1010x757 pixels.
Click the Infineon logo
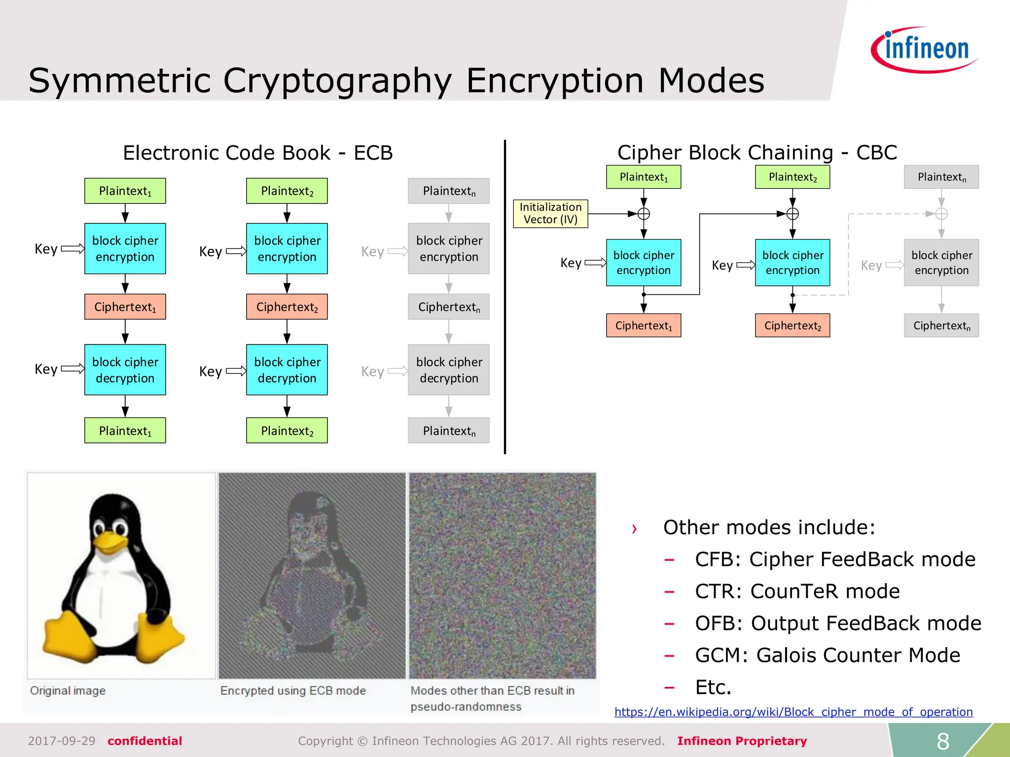click(x=925, y=49)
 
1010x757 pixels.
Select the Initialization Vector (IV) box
click(x=550, y=213)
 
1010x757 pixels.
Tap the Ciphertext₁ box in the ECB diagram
click(x=125, y=307)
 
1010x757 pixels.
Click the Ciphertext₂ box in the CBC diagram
click(x=793, y=325)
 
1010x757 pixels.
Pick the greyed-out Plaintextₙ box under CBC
click(x=941, y=177)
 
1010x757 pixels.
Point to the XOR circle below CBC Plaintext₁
click(x=644, y=214)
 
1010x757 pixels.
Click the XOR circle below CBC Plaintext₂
click(x=793, y=214)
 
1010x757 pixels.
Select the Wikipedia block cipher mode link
click(x=793, y=712)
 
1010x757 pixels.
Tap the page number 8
click(x=942, y=741)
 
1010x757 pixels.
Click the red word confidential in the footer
click(x=144, y=741)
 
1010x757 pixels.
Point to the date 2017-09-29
click(x=62, y=741)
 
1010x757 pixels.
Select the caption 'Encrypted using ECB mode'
click(x=293, y=690)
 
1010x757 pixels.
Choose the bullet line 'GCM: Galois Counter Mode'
click(x=827, y=655)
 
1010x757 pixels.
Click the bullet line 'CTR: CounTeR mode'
click(x=797, y=591)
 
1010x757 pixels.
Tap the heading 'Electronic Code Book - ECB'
click(x=257, y=153)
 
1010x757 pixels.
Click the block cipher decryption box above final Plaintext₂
click(x=287, y=370)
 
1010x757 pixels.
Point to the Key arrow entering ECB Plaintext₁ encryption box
click(x=72, y=248)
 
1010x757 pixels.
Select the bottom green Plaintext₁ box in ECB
click(x=125, y=430)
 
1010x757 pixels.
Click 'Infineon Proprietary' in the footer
click(x=742, y=741)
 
